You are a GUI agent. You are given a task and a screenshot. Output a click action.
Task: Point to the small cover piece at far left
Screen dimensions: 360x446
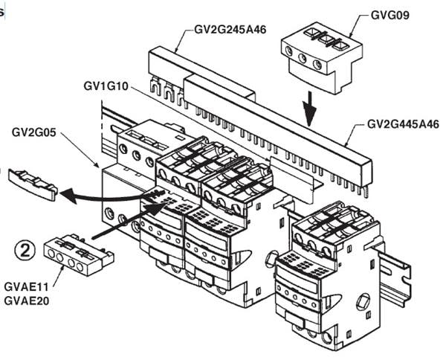tap(33, 184)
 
